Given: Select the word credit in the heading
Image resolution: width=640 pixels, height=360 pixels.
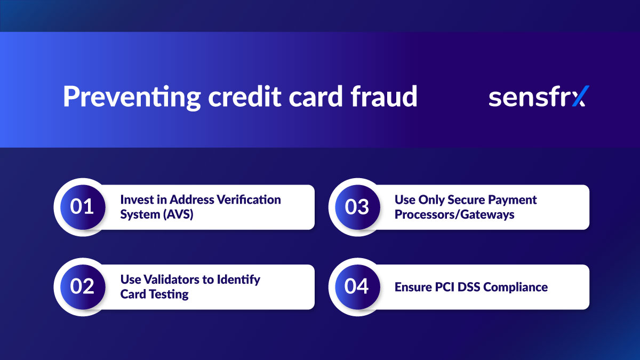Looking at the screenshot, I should pos(234,97).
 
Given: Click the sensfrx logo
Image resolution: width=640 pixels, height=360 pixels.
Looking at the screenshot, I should pos(536,97).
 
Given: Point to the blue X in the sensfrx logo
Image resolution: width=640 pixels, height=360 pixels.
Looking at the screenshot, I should pos(577,97).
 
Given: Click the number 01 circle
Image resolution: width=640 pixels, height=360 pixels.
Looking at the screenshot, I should pos(82,207).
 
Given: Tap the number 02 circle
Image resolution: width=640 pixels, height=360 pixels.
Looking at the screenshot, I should pos(82,286).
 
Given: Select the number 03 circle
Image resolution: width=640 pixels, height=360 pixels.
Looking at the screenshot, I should pos(356,207).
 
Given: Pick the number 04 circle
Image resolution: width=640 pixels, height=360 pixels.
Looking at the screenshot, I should pos(356,286).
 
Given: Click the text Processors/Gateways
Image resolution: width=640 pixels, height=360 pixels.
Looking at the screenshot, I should pos(454,214).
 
